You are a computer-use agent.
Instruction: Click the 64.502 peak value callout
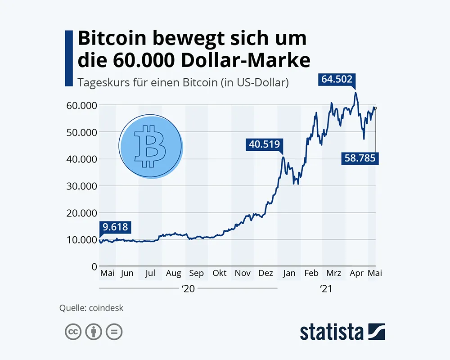coord(337,80)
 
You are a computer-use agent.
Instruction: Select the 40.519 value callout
coord(265,145)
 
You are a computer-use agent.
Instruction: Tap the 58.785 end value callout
coord(359,158)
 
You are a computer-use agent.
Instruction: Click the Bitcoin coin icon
coord(150,146)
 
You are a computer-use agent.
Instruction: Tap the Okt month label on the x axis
coord(220,273)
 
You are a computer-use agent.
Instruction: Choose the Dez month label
coord(266,273)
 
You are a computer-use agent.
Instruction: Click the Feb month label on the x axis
coord(311,273)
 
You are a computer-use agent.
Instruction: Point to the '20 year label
coord(188,289)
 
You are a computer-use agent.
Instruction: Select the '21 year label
coord(325,289)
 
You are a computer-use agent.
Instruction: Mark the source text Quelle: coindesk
coord(91,308)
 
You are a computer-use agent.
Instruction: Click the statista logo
coord(342,332)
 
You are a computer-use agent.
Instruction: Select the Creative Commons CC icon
coord(73,332)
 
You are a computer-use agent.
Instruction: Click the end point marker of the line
coord(375,108)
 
